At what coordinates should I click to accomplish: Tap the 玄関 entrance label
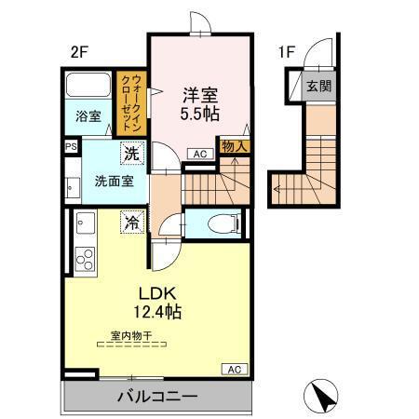[318, 88]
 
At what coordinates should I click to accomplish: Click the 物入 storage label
[233, 145]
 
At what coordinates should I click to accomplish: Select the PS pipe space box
[71, 146]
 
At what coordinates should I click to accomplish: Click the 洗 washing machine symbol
[134, 154]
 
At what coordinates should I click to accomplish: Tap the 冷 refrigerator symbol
[134, 223]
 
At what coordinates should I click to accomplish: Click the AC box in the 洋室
[199, 154]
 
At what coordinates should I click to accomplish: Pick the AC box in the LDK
[234, 370]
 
